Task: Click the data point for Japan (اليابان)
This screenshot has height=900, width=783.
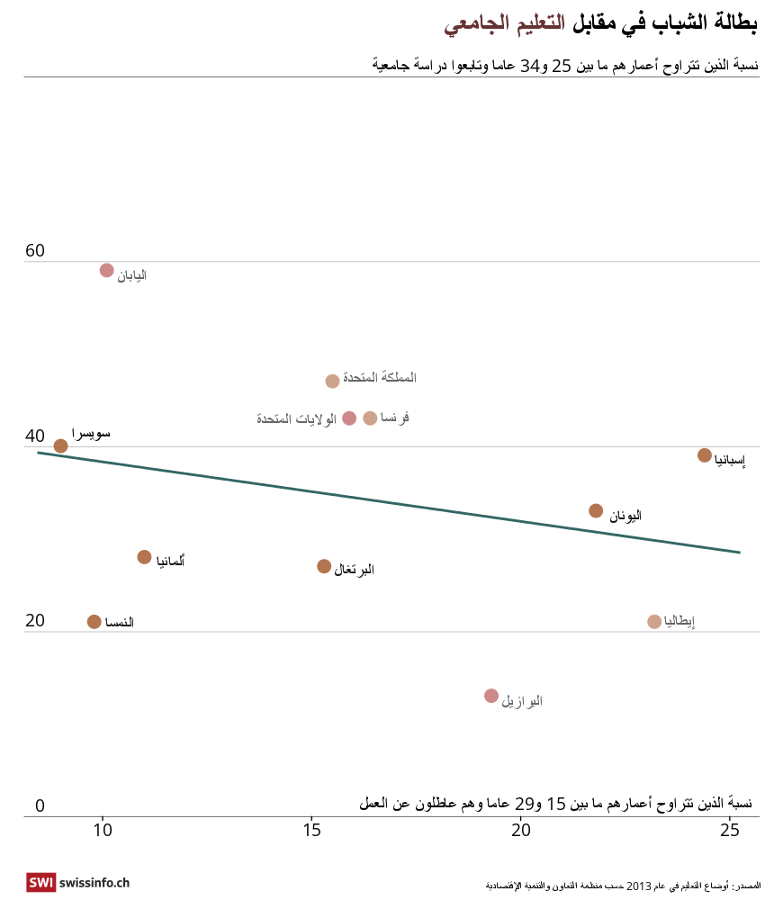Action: coord(106,270)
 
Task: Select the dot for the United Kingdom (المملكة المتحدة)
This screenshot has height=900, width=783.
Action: coord(332,381)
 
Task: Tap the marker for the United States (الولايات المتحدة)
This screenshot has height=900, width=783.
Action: coord(349,418)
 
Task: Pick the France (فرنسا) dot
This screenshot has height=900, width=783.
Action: coord(370,418)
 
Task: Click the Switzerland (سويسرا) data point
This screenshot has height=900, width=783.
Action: coord(60,445)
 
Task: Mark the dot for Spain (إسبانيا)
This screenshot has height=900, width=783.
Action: coord(705,455)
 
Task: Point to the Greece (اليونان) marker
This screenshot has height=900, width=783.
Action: coord(596,511)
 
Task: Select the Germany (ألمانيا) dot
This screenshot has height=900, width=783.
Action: coord(144,557)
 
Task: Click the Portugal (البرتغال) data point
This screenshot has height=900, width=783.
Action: coord(324,566)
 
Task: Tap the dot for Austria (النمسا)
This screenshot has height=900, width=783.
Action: coord(94,622)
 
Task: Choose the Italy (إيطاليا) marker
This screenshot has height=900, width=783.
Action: coord(654,622)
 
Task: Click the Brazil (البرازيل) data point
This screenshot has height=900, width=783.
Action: coord(491,696)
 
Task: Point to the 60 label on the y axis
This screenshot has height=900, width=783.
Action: coord(35,251)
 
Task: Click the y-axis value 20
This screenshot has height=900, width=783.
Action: coord(35,621)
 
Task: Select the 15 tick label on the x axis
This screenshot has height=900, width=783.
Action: coord(311,830)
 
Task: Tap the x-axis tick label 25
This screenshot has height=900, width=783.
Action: coord(730,830)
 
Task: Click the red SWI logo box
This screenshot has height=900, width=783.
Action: coord(40,883)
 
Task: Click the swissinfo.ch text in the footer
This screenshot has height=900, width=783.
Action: coord(94,884)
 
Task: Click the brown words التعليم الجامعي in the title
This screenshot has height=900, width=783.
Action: coord(504,24)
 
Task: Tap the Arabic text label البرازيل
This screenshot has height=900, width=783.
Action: coord(522,701)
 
